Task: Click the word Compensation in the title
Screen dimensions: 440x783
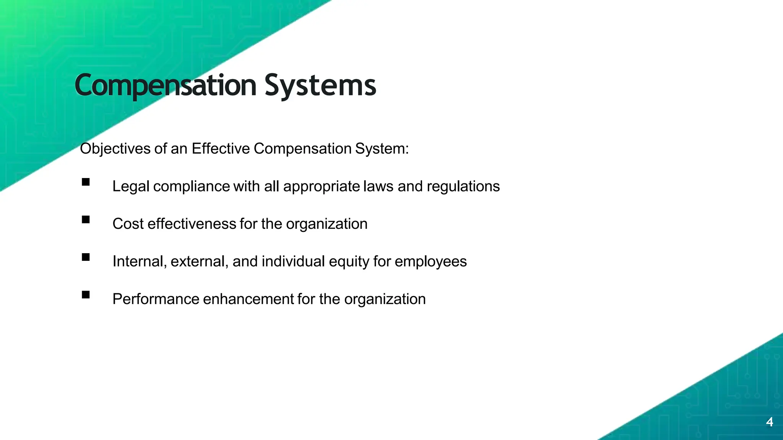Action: click(165, 86)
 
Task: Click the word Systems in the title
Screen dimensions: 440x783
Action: click(320, 86)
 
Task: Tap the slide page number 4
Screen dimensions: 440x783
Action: click(770, 422)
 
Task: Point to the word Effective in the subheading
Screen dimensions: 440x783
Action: click(221, 149)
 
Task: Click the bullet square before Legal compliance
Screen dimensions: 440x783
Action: click(86, 182)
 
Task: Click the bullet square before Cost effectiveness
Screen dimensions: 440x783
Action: click(86, 220)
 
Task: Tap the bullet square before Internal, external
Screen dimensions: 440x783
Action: click(86, 257)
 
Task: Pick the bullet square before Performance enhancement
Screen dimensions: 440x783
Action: click(86, 294)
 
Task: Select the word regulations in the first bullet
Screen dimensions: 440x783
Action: click(463, 186)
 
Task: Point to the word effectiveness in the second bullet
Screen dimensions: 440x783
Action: click(192, 224)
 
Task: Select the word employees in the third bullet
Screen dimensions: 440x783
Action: click(430, 261)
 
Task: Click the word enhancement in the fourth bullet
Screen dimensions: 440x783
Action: click(250, 299)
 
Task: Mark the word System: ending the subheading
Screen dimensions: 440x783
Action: click(382, 149)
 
